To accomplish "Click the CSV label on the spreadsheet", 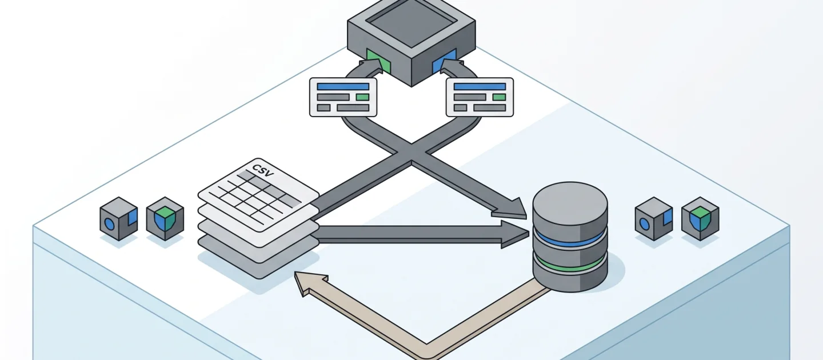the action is pos(263,170).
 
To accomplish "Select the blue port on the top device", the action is pos(444,61).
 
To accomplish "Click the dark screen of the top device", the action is pos(411,22).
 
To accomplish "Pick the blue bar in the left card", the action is pos(343,87).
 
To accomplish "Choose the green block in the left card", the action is pos(362,97).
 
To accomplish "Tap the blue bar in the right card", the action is pos(480,87).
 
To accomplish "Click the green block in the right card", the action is pos(499,97).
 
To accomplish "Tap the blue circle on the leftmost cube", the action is pos(110,223).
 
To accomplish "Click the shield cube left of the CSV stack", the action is pos(165,218).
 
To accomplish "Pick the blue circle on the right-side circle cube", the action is pos(645,223).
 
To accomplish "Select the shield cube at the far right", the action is pos(700,218).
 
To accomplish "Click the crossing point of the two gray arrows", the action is pos(411,152).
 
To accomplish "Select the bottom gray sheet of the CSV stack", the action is pos(259,257).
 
